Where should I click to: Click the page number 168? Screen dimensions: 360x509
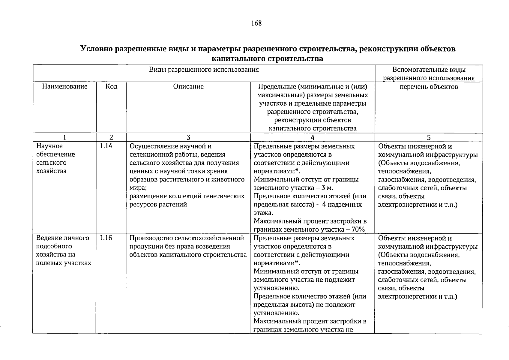point(256,23)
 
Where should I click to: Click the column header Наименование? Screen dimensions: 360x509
point(64,87)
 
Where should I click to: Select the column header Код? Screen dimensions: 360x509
point(111,87)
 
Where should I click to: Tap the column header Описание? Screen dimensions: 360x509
point(188,87)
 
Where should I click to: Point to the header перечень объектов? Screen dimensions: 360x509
point(429,87)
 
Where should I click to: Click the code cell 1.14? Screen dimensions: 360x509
point(106,146)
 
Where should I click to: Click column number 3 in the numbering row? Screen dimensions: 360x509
point(188,138)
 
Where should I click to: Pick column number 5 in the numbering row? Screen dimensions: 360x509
point(429,138)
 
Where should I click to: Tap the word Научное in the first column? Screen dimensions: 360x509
point(49,146)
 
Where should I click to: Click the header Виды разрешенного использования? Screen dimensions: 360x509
point(204,70)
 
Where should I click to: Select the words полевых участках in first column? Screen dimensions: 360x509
point(64,263)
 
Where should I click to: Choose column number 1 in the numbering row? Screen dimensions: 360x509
point(64,138)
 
